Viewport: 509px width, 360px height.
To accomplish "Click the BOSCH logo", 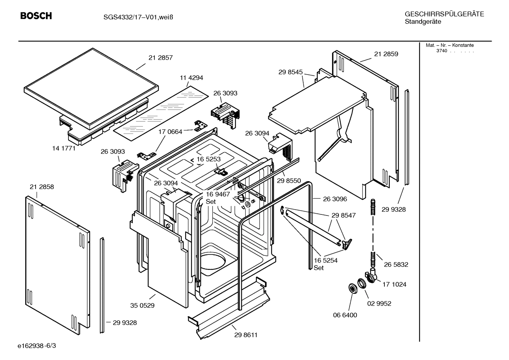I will tap(36, 16).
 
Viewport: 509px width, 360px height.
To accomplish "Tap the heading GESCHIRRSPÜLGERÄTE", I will tap(444, 14).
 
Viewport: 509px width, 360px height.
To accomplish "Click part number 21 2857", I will tap(161, 58).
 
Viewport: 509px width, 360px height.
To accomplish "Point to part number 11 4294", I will tap(191, 78).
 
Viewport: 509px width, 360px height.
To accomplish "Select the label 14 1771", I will tap(64, 148).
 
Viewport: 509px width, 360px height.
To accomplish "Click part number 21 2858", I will tap(42, 187).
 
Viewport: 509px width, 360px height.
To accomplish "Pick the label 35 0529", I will tap(142, 306).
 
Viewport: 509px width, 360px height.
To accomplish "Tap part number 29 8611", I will tap(246, 335).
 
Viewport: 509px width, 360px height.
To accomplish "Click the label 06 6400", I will tap(345, 315).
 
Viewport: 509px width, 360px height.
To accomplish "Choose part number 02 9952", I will tap(379, 303).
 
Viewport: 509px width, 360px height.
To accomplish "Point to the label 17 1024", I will tap(394, 284).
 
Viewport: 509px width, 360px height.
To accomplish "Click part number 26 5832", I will tap(396, 265).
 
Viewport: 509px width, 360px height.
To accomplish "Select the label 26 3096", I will tap(335, 199).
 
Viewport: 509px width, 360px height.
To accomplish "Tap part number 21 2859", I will tap(386, 54).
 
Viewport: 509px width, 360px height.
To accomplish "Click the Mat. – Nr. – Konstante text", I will tap(449, 45).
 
